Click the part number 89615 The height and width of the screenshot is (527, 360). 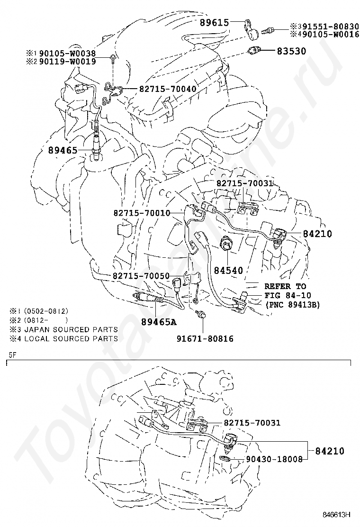click(215, 22)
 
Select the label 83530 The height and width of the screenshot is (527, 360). click(291, 51)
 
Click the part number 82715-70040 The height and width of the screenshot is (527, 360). click(168, 89)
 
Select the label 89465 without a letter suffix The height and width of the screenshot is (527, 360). click(63, 151)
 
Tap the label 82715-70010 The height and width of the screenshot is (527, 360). click(141, 213)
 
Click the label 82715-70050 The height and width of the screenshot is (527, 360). click(141, 276)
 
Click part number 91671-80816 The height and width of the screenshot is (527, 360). click(205, 339)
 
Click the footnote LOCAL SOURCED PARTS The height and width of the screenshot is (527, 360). click(70, 338)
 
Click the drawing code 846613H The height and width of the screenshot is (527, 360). click(336, 514)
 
